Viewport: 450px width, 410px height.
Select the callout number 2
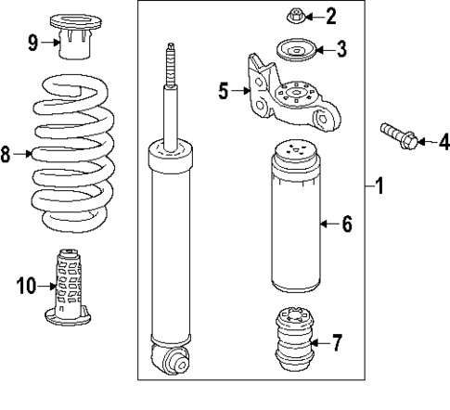point(332,16)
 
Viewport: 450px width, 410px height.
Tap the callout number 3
point(342,49)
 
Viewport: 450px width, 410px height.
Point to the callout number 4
point(443,141)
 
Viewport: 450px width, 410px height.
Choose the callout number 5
point(223,91)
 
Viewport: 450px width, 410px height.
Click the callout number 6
point(346,224)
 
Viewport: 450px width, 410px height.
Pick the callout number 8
point(7,154)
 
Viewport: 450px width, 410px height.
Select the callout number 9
point(32,41)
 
